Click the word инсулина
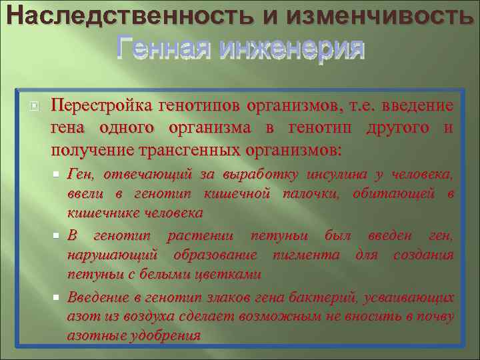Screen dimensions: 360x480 tap(336, 175)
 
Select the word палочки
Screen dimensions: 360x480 tap(315, 194)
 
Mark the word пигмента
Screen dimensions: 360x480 tap(311, 255)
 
